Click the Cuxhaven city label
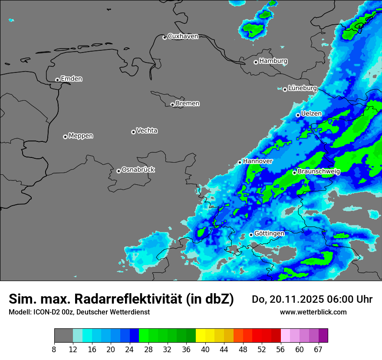183,36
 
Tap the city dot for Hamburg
256,62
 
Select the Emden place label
71,79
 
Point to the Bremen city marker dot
172,105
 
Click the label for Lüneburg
302,88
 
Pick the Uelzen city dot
298,115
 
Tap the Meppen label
81,136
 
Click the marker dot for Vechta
133,132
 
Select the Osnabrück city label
138,170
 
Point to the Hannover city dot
240,162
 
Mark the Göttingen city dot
251,235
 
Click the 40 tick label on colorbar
205,349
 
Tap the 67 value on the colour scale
319,349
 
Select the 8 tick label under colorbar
54,349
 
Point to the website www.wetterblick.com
313,312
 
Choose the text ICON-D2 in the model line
45,312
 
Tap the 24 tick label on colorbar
130,349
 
